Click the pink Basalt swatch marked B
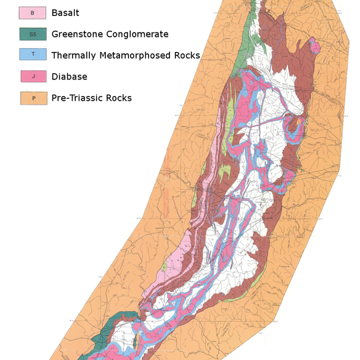(32, 13)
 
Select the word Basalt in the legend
(66, 13)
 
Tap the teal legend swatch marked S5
(32, 34)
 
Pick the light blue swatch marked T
(32, 55)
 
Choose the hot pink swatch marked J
(32, 77)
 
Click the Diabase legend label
(69, 77)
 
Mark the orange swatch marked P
(32, 98)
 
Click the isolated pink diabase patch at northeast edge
(315, 47)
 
